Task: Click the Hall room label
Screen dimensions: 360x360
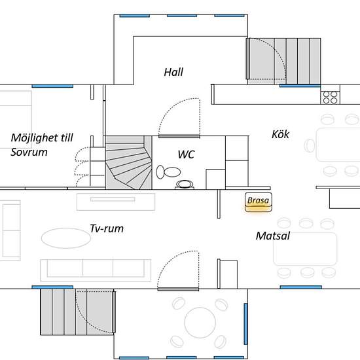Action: pyautogui.click(x=173, y=72)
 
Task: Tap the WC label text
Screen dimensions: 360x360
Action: pyautogui.click(x=186, y=154)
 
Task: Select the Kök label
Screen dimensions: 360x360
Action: pyautogui.click(x=280, y=134)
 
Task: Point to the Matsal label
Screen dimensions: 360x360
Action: pyautogui.click(x=273, y=236)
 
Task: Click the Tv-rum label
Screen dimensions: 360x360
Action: pyautogui.click(x=107, y=228)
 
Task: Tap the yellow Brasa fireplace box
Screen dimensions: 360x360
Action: pyautogui.click(x=259, y=202)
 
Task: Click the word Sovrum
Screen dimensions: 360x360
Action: pyautogui.click(x=29, y=153)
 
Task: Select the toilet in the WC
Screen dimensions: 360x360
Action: pyautogui.click(x=168, y=172)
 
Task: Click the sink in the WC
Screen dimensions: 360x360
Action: pyautogui.click(x=185, y=184)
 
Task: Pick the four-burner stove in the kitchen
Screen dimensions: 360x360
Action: pyautogui.click(x=330, y=98)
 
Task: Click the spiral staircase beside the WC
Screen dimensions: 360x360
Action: pyautogui.click(x=129, y=162)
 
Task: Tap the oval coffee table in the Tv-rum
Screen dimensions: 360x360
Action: pyautogui.click(x=66, y=238)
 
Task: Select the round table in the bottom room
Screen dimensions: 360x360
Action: pyautogui.click(x=200, y=323)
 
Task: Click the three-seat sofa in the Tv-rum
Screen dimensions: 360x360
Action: pyautogui.click(x=96, y=270)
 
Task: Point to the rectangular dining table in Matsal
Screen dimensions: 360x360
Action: pyautogui.click(x=305, y=249)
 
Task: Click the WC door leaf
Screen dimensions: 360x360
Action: pyautogui.click(x=179, y=136)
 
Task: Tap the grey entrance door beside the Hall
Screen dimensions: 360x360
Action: pyautogui.click(x=248, y=58)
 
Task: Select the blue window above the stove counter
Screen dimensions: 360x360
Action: pyautogui.click(x=300, y=86)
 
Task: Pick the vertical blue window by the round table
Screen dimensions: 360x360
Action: pyautogui.click(x=245, y=324)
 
